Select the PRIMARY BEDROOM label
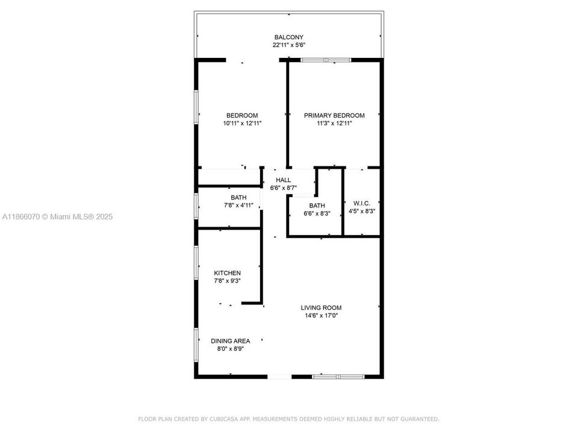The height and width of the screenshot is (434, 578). coord(334,115)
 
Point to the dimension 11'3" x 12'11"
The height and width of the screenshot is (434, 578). coord(334,123)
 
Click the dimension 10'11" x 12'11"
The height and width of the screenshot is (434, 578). coord(242,123)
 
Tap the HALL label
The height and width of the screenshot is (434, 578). coord(283,180)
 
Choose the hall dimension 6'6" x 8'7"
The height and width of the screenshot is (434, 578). coord(283,187)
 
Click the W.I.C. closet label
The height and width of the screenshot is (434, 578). coord(361,203)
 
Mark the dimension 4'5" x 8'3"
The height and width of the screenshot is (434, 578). coord(361,211)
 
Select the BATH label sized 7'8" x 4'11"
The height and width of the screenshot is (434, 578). coord(238,197)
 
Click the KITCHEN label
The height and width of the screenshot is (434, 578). coord(227,273)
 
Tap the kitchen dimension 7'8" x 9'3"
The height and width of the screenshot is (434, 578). coord(227,281)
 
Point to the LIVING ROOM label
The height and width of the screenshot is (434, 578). coord(321,307)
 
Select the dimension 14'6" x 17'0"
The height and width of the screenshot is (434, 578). coord(321,315)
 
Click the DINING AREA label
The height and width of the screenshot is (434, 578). coord(230,341)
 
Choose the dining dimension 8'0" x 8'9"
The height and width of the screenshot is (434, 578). coord(230,348)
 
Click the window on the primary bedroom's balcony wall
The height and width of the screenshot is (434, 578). coord(326,60)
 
